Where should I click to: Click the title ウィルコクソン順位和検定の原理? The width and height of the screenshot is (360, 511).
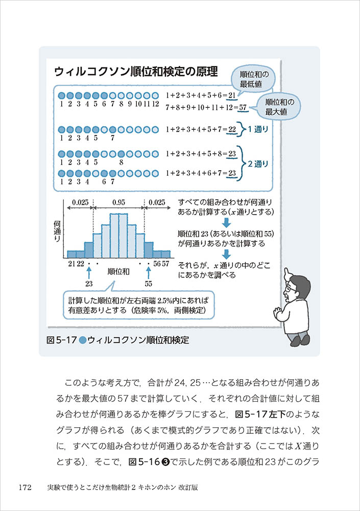pos(132,71)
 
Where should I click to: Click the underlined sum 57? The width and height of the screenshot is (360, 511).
pos(243,107)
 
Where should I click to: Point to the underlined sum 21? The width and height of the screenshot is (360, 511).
pos(232,96)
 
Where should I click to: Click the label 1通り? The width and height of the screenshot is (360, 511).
pos(258,129)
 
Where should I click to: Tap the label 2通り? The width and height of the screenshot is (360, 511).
pos(258,164)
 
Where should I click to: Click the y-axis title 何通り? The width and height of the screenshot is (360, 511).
pos(57,231)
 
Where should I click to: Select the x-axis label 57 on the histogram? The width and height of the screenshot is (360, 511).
pos(166,263)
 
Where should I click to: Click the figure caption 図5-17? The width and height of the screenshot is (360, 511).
pos(61,340)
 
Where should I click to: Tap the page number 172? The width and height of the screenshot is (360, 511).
pos(26,487)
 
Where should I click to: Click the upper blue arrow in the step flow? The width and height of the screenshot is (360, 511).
pos(227,223)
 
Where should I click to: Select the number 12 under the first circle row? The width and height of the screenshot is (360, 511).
pos(156,104)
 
